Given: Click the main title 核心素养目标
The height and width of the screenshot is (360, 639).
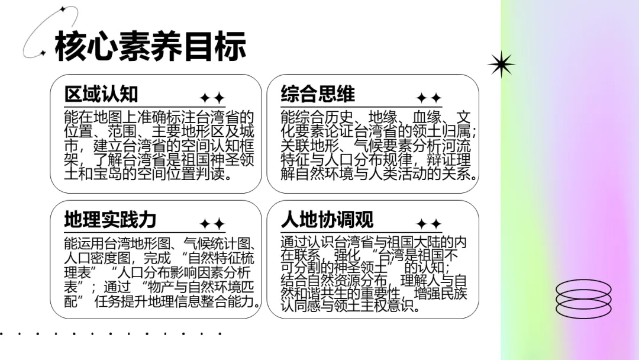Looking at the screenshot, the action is coord(150,46).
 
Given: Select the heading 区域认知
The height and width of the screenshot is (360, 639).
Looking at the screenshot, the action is coord(101,94).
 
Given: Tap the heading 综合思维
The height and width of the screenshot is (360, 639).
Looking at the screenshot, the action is coord(318,94).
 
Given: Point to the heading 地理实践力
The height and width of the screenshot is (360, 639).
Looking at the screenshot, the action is coord(111,220).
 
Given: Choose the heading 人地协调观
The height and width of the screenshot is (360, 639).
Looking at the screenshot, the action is coord(327,220).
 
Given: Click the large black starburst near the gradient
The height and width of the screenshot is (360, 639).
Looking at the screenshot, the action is coord(501,65).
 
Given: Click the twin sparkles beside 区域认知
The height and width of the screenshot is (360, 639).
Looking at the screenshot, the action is coord(212,98).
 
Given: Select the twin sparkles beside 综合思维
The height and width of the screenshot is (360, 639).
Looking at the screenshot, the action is coord(429,98).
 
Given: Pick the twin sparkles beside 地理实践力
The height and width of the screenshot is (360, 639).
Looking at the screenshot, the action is coord(212,224).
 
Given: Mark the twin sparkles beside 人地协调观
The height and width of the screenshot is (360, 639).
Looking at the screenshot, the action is coord(429,224).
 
